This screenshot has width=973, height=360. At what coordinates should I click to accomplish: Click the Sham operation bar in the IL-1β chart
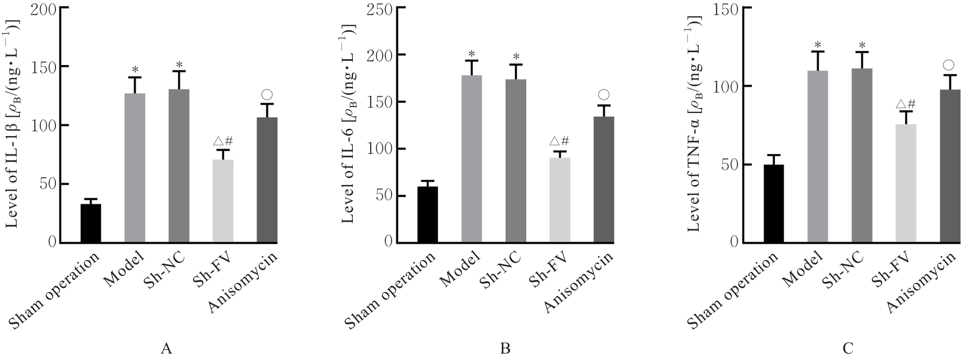click(91, 223)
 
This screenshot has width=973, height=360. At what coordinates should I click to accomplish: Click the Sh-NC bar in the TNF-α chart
click(862, 156)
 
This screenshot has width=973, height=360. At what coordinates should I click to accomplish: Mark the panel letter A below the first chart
click(166, 349)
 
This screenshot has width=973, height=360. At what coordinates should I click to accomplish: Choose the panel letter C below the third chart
click(848, 349)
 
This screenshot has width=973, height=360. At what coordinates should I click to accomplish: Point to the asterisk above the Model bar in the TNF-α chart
click(818, 45)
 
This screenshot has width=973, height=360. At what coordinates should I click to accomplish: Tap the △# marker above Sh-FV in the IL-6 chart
click(559, 142)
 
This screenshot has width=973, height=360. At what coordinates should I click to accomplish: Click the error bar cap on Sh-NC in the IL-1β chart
click(179, 71)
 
